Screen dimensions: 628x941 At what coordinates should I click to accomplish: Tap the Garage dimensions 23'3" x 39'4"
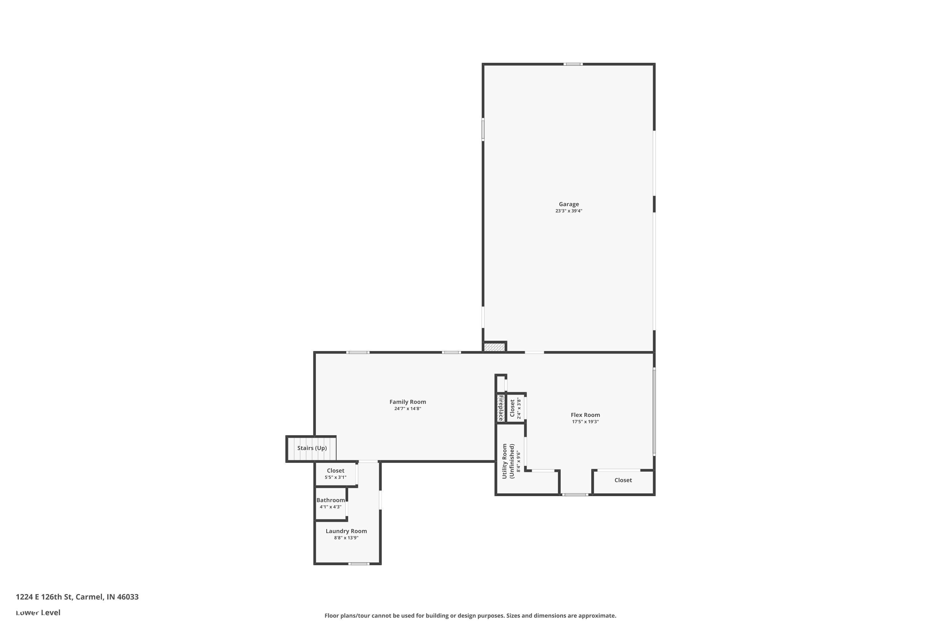[568, 211]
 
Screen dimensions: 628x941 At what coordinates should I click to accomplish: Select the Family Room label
[407, 402]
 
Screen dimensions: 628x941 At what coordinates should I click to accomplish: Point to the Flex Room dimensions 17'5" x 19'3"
[585, 422]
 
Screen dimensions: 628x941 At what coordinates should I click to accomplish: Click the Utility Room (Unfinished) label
[508, 461]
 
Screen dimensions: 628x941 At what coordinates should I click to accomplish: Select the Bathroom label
[331, 500]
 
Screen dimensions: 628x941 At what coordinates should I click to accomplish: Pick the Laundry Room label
[346, 531]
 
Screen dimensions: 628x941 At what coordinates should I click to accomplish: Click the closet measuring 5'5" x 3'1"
[335, 474]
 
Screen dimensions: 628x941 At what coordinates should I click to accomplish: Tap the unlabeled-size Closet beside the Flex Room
[623, 480]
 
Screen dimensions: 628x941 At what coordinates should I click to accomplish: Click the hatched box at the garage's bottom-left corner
[495, 347]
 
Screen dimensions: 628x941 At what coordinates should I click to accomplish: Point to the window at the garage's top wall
[573, 64]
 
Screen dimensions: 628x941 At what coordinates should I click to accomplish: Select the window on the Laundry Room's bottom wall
[359, 564]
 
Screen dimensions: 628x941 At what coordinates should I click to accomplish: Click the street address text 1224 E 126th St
[44, 597]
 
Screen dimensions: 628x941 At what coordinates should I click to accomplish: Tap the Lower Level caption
[38, 612]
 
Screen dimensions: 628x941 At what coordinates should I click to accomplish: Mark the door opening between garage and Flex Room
[534, 352]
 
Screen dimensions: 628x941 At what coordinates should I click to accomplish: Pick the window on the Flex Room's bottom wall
[575, 495]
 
